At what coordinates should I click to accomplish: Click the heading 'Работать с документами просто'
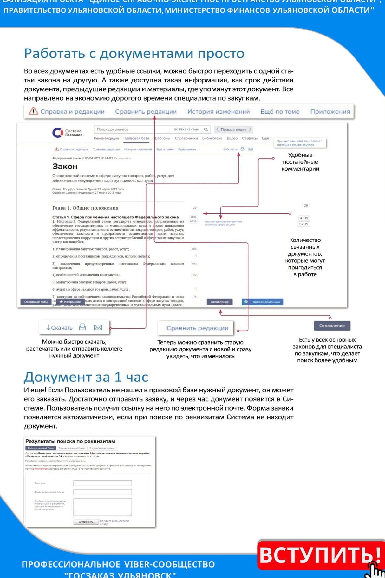click(134, 54)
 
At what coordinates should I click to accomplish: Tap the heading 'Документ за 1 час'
click(86, 377)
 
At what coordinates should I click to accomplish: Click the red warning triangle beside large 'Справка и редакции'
click(33, 111)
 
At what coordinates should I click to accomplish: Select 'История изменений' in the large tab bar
click(219, 112)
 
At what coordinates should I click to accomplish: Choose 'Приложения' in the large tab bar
click(330, 112)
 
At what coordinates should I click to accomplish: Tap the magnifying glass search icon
click(206, 129)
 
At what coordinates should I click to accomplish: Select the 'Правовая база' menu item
click(136, 138)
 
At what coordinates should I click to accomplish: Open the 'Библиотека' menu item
click(212, 138)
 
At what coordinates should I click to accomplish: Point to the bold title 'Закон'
click(65, 167)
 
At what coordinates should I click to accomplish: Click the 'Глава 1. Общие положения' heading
click(85, 208)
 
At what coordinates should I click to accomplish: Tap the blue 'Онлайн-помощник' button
click(263, 302)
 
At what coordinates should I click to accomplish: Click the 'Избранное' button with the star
click(70, 302)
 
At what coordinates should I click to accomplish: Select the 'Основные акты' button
click(36, 302)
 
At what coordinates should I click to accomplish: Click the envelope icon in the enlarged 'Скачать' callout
click(98, 327)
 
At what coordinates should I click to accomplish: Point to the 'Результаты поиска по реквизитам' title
click(70, 441)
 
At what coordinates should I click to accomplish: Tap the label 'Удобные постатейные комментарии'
click(300, 162)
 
